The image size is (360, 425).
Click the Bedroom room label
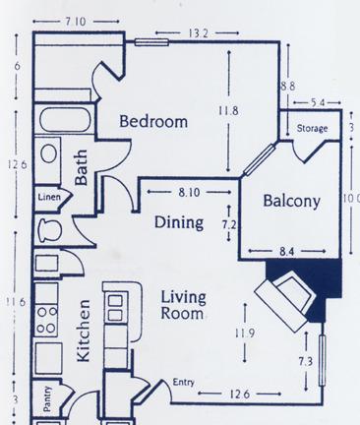pos(153,121)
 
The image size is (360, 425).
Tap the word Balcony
pos(291,201)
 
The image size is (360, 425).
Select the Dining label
pos(179,222)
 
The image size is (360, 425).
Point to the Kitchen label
pos(84,331)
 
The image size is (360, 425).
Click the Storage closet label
pos(312,128)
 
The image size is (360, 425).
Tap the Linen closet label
pos(49,197)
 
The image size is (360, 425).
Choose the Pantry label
pos(47,398)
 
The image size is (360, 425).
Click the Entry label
pos(184,382)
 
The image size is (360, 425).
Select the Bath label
pos(82,167)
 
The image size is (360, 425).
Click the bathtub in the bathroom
pos(65,120)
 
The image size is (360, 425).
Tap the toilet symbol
pos(50,230)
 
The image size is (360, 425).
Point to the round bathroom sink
pos(49,153)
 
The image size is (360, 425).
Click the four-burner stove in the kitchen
pos(46,320)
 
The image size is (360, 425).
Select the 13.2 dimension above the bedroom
pos(199,33)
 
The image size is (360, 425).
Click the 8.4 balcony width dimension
pos(286,252)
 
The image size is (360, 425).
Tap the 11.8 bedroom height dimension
pos(228,110)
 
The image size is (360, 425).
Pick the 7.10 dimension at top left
pos(76,22)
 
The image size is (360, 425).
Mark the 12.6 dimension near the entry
pos(239,394)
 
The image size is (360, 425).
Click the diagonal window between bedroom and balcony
pos(259,159)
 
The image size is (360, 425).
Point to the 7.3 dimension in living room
pos(306,362)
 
